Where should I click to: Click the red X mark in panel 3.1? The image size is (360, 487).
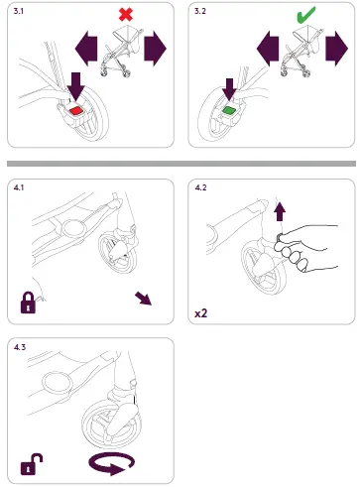point(126,15)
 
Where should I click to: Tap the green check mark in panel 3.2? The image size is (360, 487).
point(305,15)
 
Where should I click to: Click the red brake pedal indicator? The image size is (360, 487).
point(75,111)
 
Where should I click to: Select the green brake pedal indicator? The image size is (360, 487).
point(228,110)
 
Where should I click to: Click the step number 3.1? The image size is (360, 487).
point(19,11)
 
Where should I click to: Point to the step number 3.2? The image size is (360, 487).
point(200,11)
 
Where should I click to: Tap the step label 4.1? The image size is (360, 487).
point(19,187)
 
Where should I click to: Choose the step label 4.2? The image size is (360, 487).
point(200,187)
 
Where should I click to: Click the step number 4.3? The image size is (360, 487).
point(20,347)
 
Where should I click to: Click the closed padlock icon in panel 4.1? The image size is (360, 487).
point(28,303)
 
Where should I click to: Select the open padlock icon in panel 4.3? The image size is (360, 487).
point(32,464)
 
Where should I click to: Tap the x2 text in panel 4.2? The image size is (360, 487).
point(200,312)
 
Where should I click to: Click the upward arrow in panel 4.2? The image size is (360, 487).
point(280,212)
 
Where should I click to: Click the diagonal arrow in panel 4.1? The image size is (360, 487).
point(144,299)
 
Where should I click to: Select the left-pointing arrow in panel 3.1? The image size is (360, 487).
point(86,49)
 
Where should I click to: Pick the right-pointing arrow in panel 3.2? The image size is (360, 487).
point(336,49)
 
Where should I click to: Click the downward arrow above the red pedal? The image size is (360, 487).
point(76,86)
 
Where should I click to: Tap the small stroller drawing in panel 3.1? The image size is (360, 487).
point(122,53)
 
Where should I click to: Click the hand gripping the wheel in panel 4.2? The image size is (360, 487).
point(304,248)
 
